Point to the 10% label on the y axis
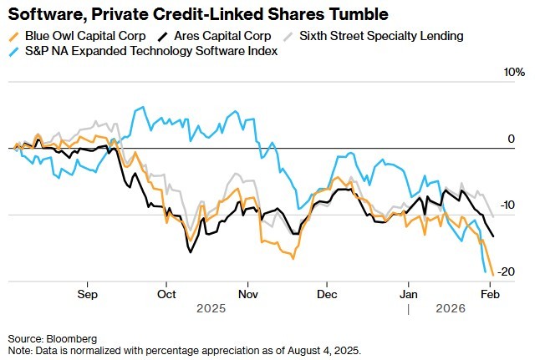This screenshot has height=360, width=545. (x=514, y=73)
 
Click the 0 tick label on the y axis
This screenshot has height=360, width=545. (x=512, y=139)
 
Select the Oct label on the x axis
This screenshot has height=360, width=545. (x=166, y=294)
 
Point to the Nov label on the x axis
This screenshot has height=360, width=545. (x=247, y=294)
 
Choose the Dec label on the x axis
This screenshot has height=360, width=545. (x=326, y=294)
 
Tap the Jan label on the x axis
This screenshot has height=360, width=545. (x=408, y=294)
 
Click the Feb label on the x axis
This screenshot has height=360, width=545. (x=489, y=294)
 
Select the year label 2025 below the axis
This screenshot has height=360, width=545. (x=211, y=308)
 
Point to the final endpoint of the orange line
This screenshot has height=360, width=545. (x=493, y=272)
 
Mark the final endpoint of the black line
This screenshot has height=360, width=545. (x=492, y=236)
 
